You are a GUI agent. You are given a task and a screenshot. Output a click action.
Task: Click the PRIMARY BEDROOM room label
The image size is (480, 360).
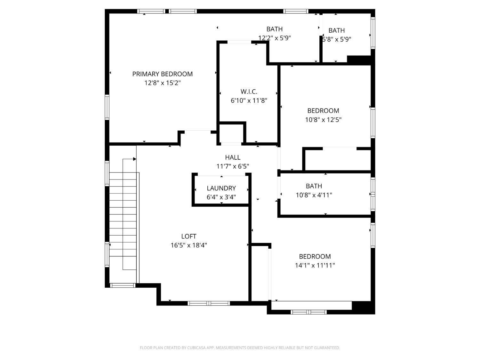click(162, 74)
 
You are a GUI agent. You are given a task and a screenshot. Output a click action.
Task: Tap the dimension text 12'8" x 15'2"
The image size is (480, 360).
click(162, 83)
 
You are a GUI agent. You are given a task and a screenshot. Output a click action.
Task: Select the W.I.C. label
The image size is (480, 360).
click(249, 92)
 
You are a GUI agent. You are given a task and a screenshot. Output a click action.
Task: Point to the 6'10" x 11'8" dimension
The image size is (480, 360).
click(249, 100)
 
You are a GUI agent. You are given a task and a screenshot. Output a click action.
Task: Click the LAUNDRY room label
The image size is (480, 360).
click(221, 188)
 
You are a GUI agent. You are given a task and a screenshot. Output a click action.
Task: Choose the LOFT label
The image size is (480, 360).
click(188, 236)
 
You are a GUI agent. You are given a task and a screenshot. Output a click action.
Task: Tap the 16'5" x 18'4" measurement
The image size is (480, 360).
click(188, 245)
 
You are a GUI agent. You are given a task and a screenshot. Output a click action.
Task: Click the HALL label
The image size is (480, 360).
click(233, 157)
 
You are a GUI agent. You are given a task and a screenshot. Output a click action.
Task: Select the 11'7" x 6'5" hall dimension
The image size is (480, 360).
click(233, 166)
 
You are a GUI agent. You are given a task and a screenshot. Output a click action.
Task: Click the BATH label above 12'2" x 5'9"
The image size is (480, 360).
click(274, 29)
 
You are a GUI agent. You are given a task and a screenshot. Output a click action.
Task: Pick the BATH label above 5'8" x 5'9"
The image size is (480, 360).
click(337, 30)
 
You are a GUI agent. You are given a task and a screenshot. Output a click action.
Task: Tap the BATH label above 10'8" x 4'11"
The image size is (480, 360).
click(314, 186)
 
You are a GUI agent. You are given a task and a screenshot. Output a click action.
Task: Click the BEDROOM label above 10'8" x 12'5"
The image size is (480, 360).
click(323, 111)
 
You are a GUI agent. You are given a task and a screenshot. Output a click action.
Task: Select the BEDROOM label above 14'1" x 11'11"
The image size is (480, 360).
click(315, 256)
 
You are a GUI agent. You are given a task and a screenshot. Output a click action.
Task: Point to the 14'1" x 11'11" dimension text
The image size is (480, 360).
click(315, 265)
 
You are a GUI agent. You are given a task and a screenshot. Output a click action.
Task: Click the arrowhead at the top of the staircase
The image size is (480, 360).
click(134, 159)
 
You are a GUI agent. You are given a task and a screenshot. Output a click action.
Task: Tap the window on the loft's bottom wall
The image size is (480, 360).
click(209, 303)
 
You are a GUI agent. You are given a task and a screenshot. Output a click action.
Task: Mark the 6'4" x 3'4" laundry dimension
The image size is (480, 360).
click(221, 197)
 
